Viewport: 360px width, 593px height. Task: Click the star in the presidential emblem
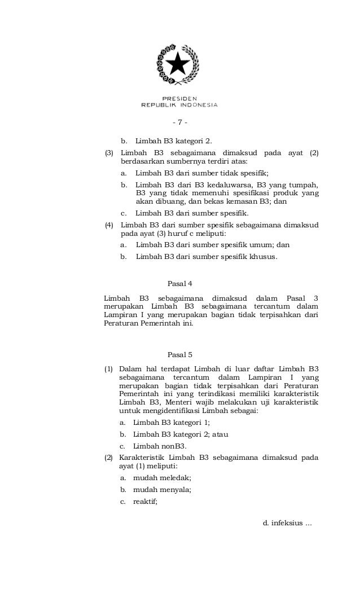(179, 65)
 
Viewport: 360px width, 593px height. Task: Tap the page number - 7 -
(179, 123)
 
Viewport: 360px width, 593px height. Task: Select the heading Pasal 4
(180, 283)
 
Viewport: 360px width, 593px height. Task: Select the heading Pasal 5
(180, 355)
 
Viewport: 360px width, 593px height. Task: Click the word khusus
(263, 256)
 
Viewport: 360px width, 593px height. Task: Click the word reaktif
(145, 501)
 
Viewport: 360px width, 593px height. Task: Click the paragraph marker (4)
(109, 225)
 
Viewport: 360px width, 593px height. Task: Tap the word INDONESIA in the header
(199, 104)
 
